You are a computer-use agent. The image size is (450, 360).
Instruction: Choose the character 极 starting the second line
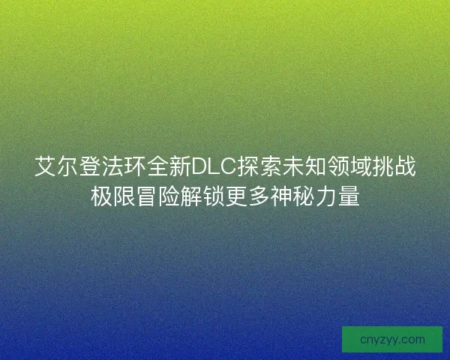(101, 197)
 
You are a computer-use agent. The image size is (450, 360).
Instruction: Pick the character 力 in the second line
(326, 197)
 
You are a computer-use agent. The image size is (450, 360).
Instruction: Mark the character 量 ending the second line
(349, 197)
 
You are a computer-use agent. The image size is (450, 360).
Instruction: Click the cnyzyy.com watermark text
(391, 339)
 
